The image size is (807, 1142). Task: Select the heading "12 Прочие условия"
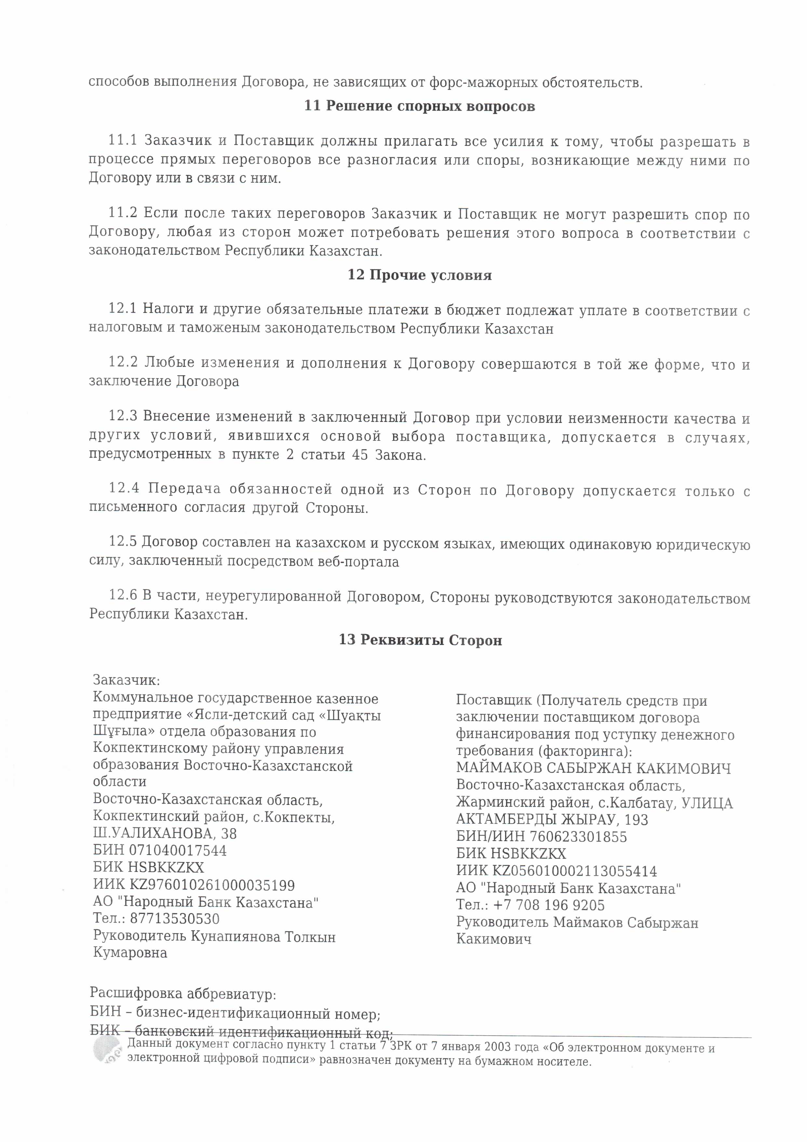419,275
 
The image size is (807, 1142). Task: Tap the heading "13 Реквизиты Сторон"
420,640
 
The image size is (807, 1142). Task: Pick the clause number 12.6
123,595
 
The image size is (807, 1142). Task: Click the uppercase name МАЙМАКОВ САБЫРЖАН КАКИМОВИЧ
593,769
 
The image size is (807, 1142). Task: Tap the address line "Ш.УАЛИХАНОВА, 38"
165,833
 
